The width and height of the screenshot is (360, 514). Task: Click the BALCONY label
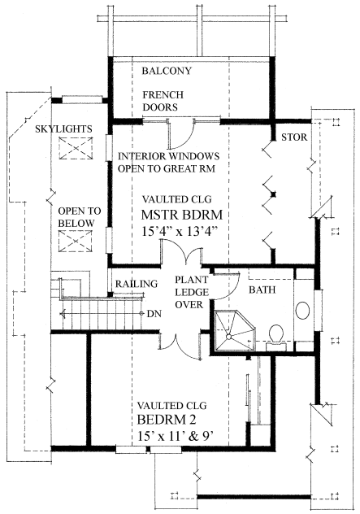click(167, 71)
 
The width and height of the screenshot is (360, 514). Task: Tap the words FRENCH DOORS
click(163, 101)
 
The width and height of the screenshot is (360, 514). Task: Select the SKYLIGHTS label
click(63, 128)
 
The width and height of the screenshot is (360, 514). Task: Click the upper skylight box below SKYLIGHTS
click(76, 148)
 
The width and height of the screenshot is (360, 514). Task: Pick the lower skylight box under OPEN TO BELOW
click(76, 242)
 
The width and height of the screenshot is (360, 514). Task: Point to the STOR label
click(294, 137)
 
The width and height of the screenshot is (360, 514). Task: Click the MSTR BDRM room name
click(182, 215)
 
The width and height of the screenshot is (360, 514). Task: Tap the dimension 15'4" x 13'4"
click(180, 232)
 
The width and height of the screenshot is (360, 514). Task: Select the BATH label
click(262, 290)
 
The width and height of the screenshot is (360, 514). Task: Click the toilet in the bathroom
click(276, 335)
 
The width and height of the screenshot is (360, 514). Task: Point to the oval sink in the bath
click(302, 310)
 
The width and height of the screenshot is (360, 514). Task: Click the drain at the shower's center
click(229, 337)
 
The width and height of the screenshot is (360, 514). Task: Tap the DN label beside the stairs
click(154, 314)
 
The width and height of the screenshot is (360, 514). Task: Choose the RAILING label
click(137, 284)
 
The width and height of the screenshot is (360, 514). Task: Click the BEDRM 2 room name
click(167, 420)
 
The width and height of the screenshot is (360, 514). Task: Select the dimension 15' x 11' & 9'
click(176, 436)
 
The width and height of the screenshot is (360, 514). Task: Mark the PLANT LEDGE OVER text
click(192, 292)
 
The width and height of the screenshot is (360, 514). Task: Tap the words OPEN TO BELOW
click(80, 217)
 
